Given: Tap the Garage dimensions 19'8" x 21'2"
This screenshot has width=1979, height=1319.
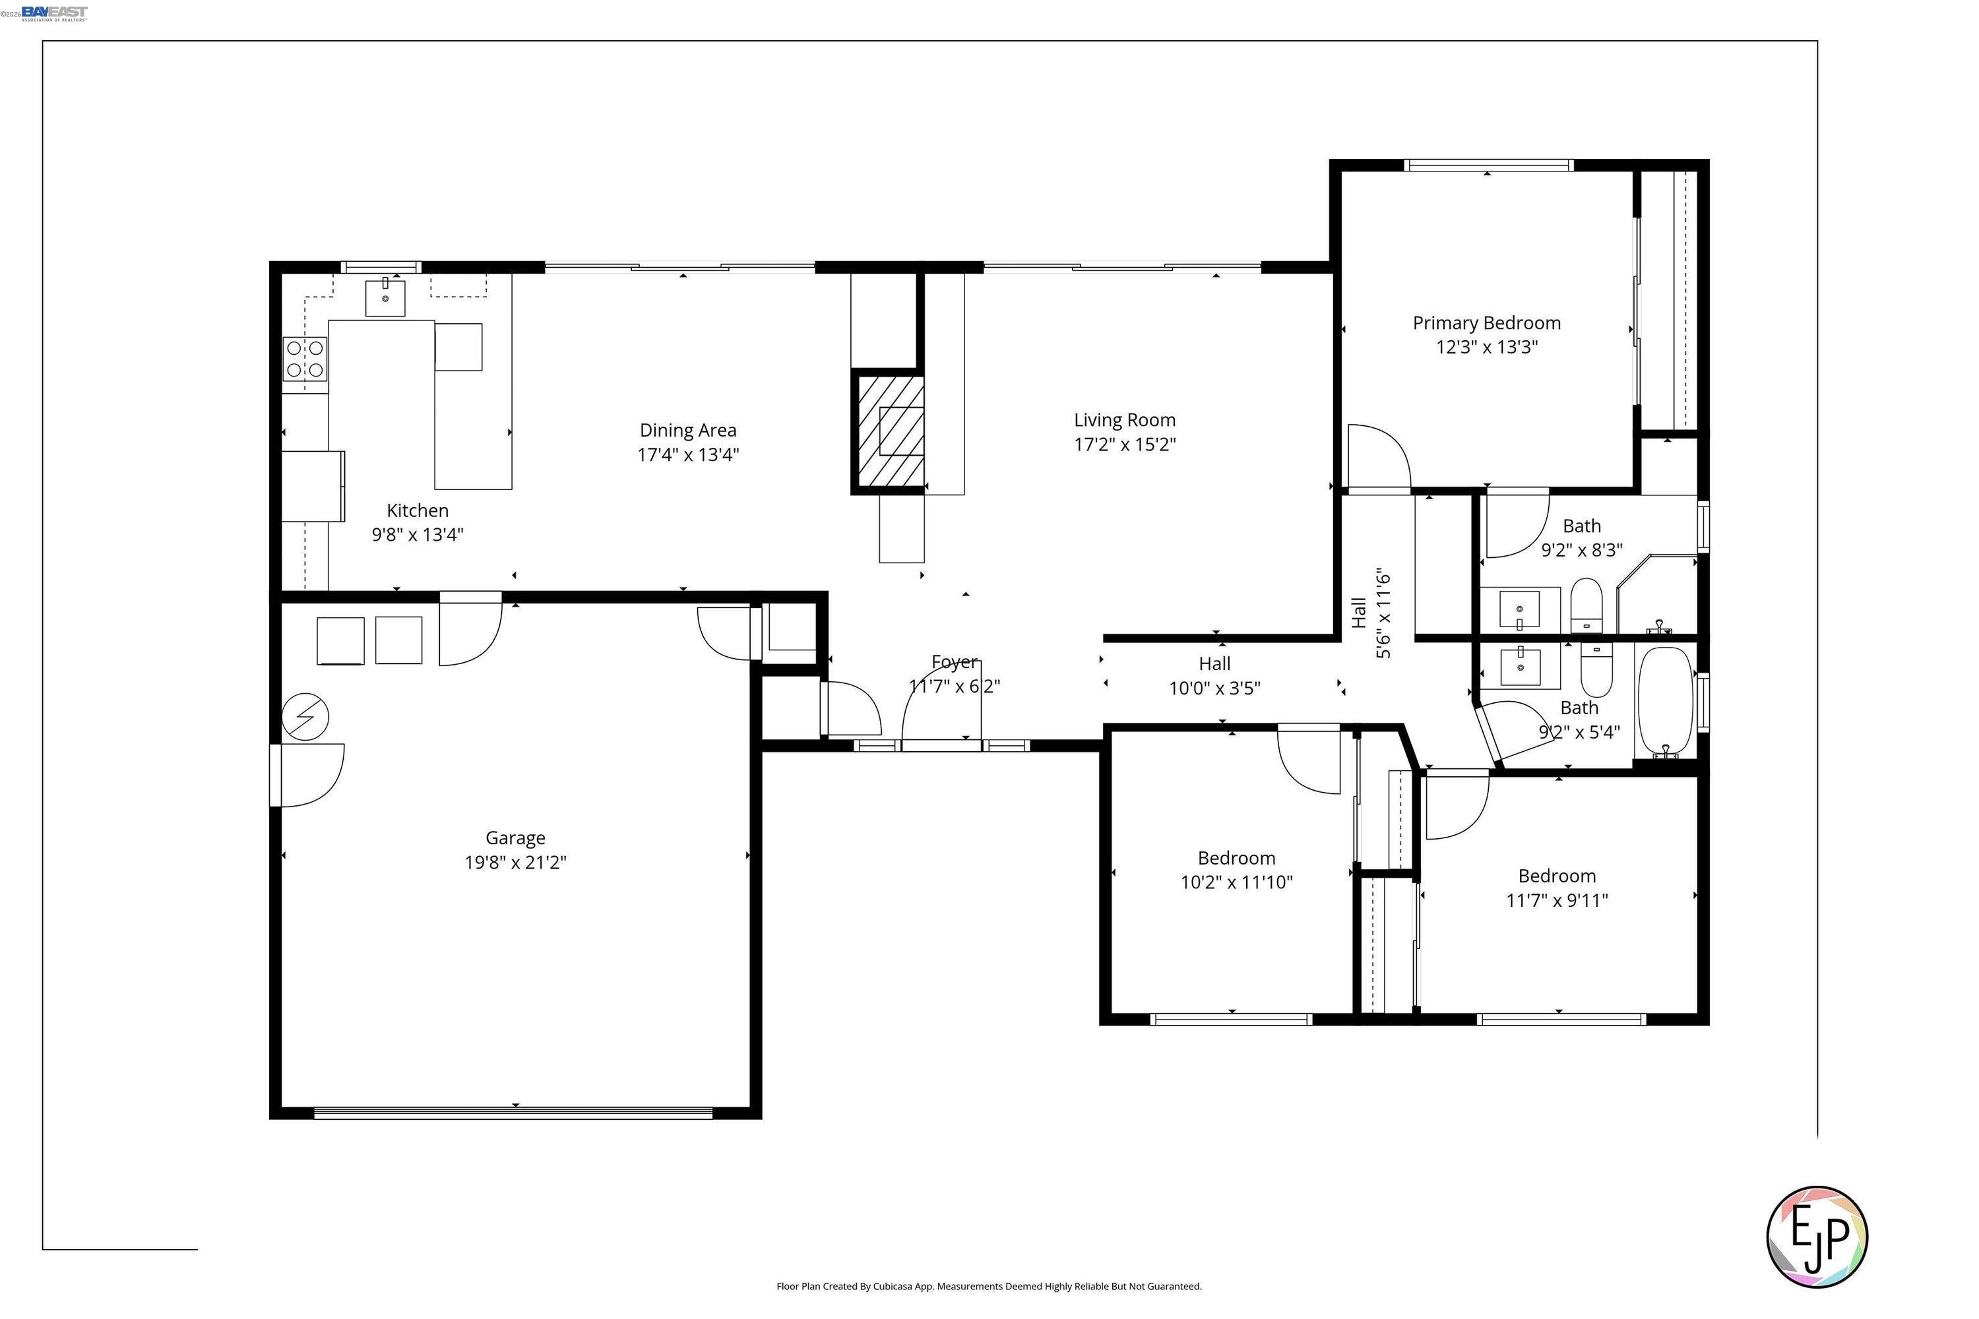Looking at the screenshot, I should pos(515,862).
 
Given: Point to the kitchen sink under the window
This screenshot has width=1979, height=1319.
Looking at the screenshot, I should pos(385,298).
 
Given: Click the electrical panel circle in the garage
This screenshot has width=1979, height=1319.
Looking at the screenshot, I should pos(305,718).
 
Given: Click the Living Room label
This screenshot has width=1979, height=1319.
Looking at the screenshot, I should pos(1124,419).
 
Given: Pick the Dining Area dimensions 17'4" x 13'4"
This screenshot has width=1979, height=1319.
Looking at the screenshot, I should pos(687,455).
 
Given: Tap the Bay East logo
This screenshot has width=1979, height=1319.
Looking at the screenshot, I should pos(54,13).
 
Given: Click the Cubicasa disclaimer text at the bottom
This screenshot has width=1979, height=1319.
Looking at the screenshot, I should pos(989,1286).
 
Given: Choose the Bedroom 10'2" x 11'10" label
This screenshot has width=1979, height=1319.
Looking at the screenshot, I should pos(1236,870).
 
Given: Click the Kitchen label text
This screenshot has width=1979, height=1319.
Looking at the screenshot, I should pos(418,510).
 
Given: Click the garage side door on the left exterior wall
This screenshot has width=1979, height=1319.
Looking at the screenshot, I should pos(276,775).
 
